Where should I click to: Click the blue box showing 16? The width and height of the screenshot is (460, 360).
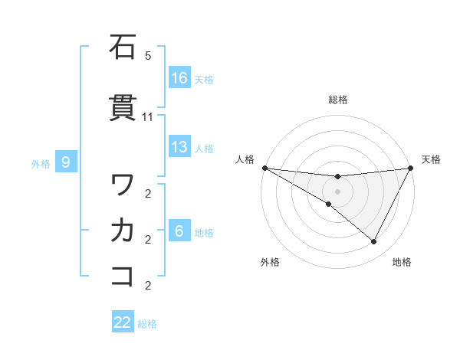tap(179, 78)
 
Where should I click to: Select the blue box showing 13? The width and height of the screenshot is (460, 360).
tap(179, 148)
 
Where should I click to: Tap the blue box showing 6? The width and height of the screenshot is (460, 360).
tap(179, 231)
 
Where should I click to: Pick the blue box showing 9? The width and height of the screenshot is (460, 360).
tap(67, 162)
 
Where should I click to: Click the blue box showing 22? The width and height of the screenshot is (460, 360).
tap(123, 322)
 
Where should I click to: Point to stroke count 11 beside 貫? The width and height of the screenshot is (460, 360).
tap(148, 116)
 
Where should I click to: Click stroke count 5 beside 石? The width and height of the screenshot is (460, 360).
tap(148, 56)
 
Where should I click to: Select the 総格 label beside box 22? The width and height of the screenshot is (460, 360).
tap(148, 323)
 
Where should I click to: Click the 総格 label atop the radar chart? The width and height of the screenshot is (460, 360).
tap(338, 100)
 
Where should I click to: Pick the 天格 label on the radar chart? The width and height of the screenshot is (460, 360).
tap(431, 159)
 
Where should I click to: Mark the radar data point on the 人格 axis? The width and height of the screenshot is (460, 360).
tap(264, 168)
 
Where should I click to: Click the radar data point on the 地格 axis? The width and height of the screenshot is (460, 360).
tap(374, 242)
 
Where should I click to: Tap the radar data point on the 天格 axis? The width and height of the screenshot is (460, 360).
tap(410, 168)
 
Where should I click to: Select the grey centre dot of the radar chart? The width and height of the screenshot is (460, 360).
tap(337, 191)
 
